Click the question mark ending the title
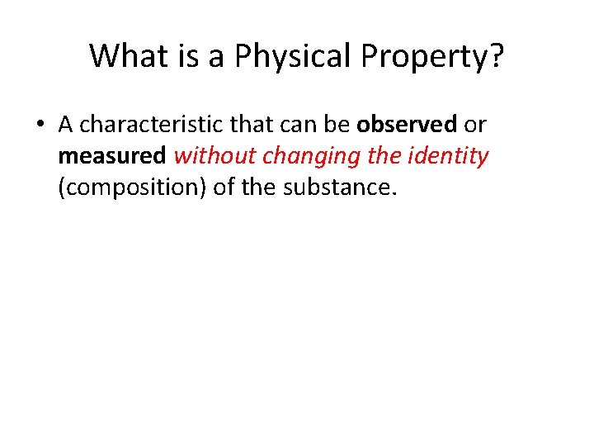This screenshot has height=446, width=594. [x=497, y=56]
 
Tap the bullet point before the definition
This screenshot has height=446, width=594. [x=40, y=126]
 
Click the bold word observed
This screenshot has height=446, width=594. [x=407, y=125]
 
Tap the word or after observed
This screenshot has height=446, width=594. [x=476, y=125]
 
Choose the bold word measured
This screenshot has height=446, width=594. [x=112, y=156]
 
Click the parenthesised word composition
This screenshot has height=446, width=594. [x=132, y=188]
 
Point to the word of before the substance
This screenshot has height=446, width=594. [x=224, y=187]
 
